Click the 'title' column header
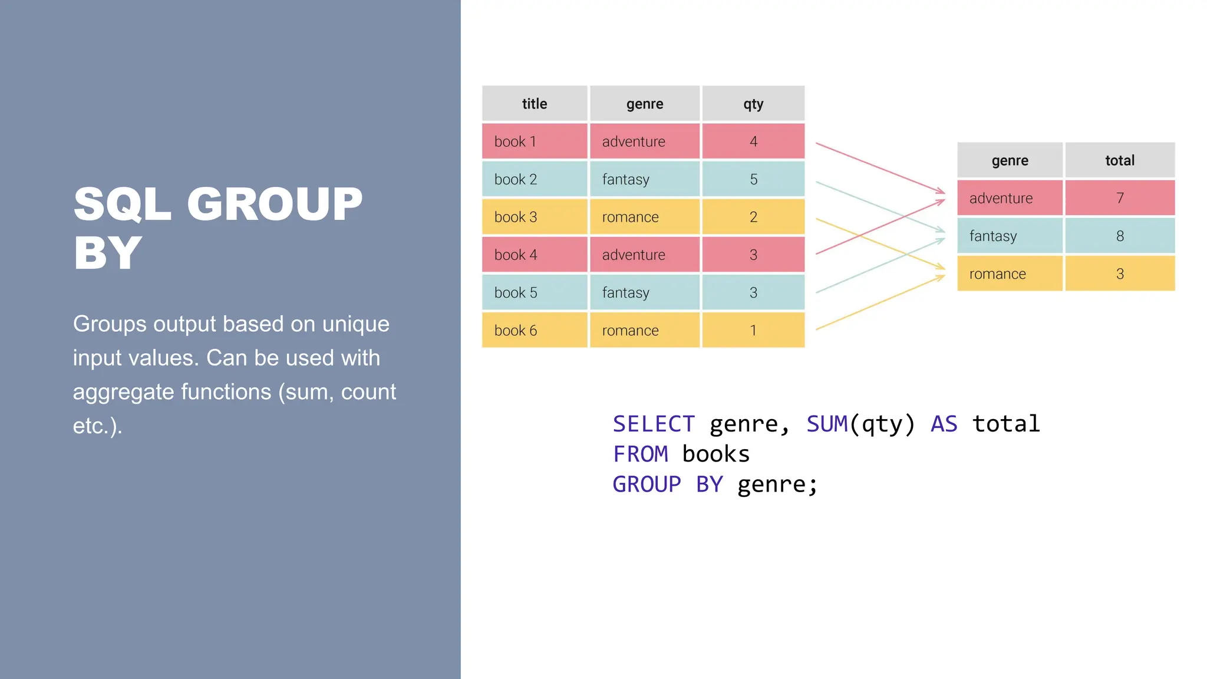(535, 104)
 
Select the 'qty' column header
(753, 104)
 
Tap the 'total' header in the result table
(1120, 160)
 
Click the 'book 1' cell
(535, 141)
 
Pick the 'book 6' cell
(535, 330)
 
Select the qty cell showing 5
(753, 179)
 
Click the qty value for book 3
(753, 217)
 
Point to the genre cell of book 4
(645, 255)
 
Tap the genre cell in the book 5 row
(645, 292)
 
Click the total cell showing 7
(1120, 198)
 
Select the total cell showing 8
(1120, 236)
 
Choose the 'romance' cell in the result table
(1010, 273)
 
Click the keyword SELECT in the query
(654, 424)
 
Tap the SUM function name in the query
(827, 424)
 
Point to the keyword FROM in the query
(640, 454)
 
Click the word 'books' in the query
(715, 454)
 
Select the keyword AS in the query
(944, 424)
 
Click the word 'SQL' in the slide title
(123, 204)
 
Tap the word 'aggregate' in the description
(122, 392)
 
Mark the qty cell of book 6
(753, 330)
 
